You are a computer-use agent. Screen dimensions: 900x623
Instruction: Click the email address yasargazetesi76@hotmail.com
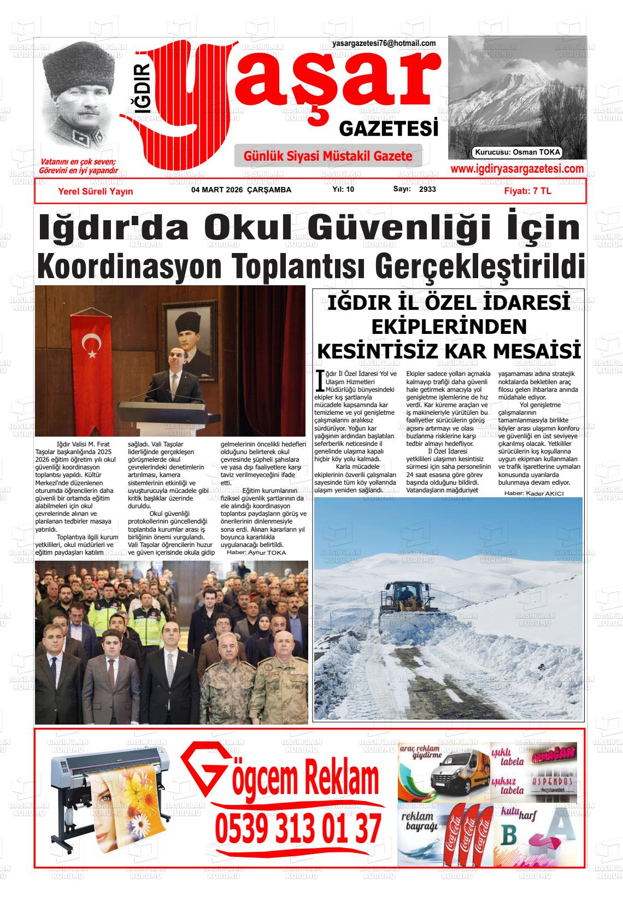pyautogui.click(x=384, y=44)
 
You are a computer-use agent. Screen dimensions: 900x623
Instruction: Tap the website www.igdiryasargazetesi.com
pyautogui.click(x=516, y=169)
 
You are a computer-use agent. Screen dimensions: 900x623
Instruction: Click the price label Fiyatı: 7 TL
pyautogui.click(x=527, y=191)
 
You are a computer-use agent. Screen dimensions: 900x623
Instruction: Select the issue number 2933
pyautogui.click(x=427, y=189)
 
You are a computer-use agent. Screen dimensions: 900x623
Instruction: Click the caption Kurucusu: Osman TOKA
pyautogui.click(x=518, y=152)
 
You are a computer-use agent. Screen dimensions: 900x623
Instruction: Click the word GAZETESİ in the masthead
pyautogui.click(x=389, y=129)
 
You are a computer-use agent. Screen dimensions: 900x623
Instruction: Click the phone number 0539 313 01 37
pyautogui.click(x=298, y=829)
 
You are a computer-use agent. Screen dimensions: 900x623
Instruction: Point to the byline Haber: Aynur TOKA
pyautogui.click(x=256, y=552)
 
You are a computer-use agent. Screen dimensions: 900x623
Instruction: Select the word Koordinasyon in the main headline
pyautogui.click(x=130, y=266)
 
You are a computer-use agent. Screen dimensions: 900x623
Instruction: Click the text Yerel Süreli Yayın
pyautogui.click(x=95, y=191)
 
